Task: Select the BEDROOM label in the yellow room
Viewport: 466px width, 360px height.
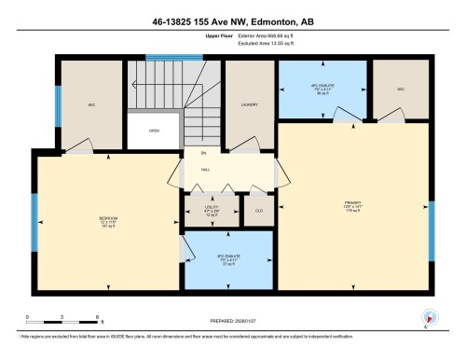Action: tap(108, 221)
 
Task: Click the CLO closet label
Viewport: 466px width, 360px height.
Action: tap(258, 212)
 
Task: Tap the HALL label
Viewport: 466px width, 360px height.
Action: tap(204, 170)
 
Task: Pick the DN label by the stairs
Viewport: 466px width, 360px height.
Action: tap(202, 152)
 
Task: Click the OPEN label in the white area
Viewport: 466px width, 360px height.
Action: tap(155, 131)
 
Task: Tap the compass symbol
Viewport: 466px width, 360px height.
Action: tap(429, 318)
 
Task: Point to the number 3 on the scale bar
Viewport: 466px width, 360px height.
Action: tap(59, 318)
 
